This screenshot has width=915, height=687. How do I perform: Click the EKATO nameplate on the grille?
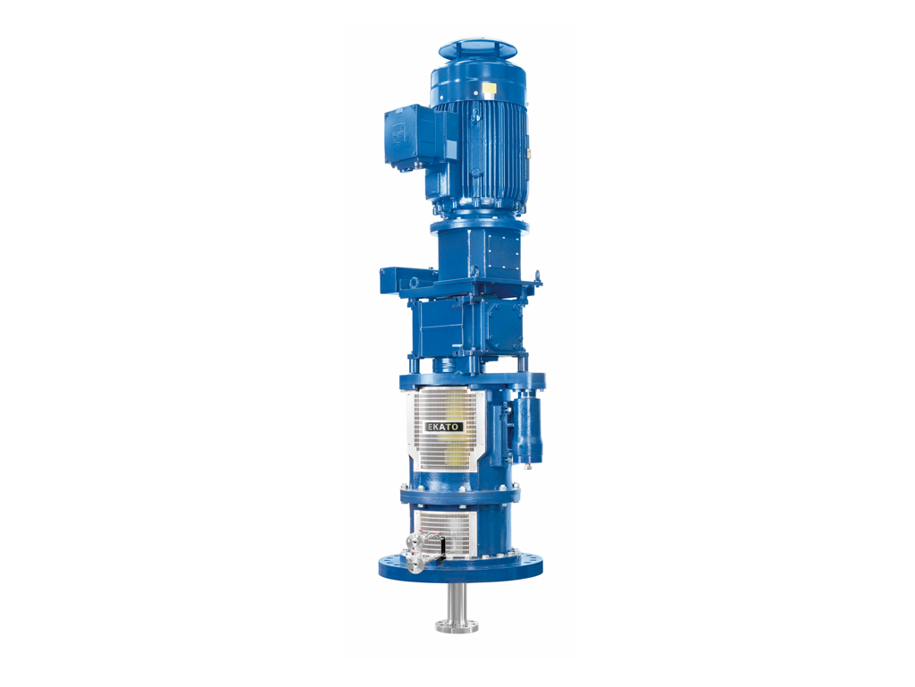pyautogui.click(x=444, y=427)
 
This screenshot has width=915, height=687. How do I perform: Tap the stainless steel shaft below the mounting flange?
pyautogui.click(x=457, y=605)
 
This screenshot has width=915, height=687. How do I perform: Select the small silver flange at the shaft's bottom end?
pyautogui.click(x=457, y=627)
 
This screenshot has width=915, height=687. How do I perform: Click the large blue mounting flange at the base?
pyautogui.click(x=460, y=565)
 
